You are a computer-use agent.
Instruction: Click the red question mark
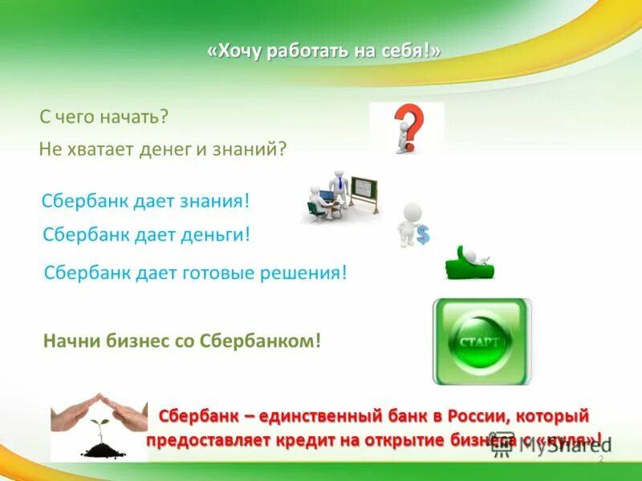[411, 124]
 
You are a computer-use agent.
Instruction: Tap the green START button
[481, 342]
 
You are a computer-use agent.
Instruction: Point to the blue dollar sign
[423, 235]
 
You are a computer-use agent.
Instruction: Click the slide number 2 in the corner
[600, 459]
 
